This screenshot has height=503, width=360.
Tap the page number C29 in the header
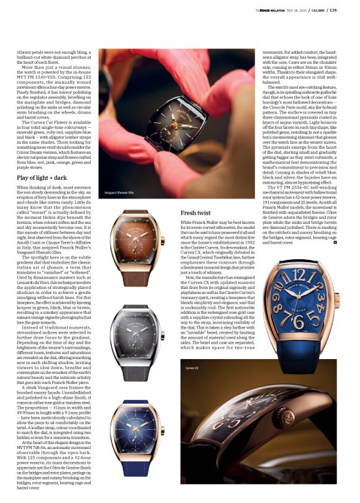coord(350,9)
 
